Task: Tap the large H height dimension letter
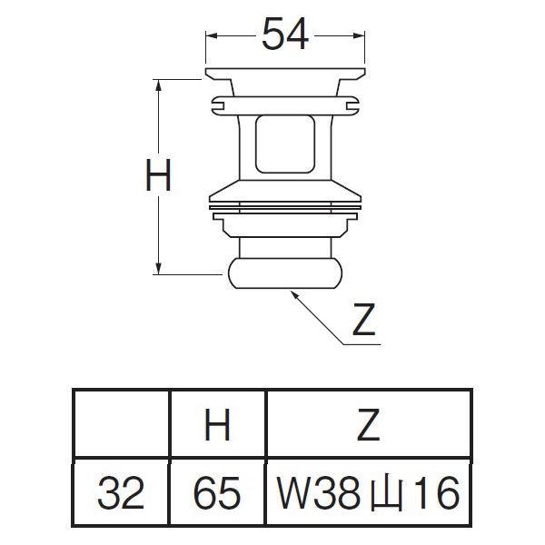click(159, 177)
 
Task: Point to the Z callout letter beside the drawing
click(363, 322)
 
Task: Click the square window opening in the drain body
click(286, 141)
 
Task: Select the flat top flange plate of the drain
click(286, 72)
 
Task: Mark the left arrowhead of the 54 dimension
click(211, 35)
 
